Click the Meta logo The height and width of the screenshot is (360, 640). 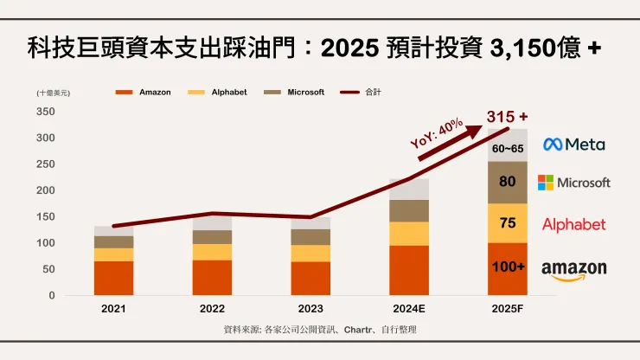573,145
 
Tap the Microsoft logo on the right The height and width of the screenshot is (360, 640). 573,183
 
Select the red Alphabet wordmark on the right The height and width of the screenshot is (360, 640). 573,225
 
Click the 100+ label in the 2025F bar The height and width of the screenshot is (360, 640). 508,268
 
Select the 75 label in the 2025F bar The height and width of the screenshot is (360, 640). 508,222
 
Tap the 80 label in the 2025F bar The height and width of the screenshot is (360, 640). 508,182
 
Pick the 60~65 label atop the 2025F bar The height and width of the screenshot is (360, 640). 508,149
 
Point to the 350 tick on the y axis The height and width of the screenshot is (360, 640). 46,112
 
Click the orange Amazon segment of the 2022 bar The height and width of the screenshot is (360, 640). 212,277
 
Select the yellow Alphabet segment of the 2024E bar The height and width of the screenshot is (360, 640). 408,234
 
